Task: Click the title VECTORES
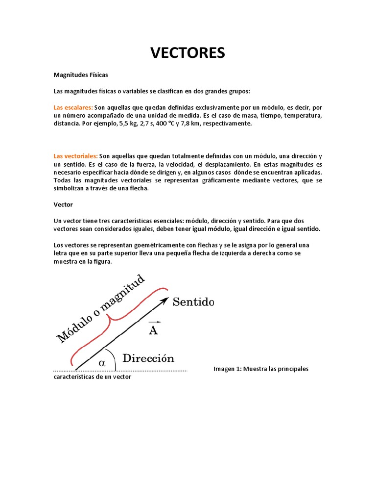click(x=188, y=52)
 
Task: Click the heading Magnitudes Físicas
click(x=81, y=75)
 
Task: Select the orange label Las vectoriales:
click(x=75, y=155)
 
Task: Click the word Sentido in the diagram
click(x=193, y=302)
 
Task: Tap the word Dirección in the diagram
click(x=148, y=358)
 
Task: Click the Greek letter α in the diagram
click(x=102, y=363)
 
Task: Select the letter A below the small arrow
click(x=153, y=331)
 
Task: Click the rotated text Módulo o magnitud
click(x=101, y=308)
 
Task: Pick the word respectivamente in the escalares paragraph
click(x=228, y=124)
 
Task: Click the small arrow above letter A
click(x=153, y=322)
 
